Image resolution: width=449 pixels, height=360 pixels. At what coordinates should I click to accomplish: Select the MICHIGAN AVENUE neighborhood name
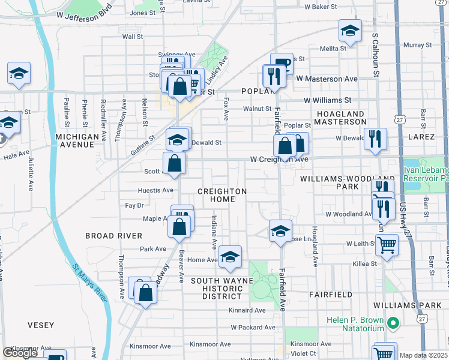pos(77,141)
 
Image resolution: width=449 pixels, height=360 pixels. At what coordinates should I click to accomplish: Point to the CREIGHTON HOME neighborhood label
pos(223,196)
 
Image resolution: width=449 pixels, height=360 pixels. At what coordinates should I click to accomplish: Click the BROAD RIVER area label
pos(114,236)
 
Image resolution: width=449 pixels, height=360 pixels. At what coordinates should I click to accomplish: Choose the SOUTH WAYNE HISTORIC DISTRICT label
pos(217,289)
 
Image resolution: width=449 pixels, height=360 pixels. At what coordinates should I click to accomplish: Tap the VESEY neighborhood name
pos(41,325)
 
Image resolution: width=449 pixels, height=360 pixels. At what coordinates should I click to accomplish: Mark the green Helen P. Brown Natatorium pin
pos(393,324)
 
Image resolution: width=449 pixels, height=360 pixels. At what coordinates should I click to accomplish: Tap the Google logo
pos(20,353)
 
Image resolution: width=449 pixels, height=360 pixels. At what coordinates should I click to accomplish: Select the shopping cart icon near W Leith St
pos(387,245)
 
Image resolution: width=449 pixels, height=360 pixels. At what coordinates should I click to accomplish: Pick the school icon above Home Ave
pos(230,257)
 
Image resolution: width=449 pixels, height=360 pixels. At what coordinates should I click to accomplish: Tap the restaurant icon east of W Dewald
pos(375,139)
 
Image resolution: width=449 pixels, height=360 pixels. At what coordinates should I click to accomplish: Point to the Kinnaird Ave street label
pos(247,310)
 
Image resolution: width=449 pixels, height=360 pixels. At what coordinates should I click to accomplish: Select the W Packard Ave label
pos(253,328)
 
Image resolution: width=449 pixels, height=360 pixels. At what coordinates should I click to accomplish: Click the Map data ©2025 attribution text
pos(423,355)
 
